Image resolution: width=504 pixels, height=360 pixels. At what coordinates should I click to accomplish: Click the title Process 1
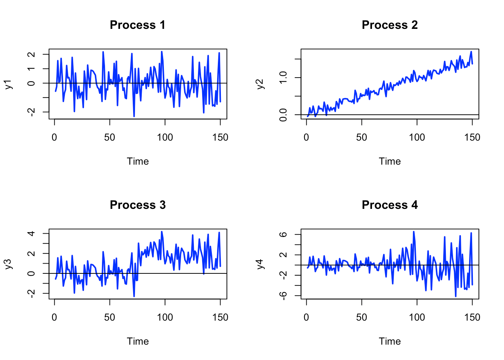[x=137, y=25]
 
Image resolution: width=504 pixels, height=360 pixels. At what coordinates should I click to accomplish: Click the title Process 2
[x=389, y=25]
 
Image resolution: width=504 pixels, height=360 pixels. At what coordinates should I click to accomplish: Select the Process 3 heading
[x=137, y=205]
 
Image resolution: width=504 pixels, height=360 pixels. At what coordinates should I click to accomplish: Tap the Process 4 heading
[x=389, y=205]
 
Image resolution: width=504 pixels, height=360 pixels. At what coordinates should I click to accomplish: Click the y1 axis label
[x=9, y=84]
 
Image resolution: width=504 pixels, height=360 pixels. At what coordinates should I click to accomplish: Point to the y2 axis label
[x=261, y=84]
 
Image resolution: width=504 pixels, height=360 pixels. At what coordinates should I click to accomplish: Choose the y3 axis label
[x=9, y=264]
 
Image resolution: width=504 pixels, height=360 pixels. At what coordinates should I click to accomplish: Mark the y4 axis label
[x=261, y=264]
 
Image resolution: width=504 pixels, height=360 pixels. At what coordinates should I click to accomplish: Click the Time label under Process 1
[x=138, y=161]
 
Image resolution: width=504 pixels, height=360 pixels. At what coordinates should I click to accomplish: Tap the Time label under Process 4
[x=390, y=341]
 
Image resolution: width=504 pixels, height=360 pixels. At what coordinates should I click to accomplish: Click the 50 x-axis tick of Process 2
[x=361, y=138]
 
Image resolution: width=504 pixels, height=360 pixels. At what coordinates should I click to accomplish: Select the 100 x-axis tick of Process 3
[x=165, y=318]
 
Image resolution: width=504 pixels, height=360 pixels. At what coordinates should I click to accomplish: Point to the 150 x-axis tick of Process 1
[x=220, y=138]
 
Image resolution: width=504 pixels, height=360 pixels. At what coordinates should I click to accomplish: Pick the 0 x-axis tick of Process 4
[x=306, y=318]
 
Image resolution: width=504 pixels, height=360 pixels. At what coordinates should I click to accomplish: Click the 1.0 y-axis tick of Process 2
[x=283, y=78]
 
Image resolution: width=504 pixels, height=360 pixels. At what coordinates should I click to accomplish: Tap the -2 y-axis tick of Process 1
[x=31, y=112]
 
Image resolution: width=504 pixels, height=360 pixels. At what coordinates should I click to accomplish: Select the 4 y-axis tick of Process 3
[x=31, y=234]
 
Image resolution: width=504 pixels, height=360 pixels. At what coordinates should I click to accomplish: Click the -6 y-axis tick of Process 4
[x=283, y=296]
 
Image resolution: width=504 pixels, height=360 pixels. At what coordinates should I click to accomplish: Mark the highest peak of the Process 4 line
[x=414, y=232]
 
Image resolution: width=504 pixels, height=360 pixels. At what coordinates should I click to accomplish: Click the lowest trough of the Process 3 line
[x=134, y=296]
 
